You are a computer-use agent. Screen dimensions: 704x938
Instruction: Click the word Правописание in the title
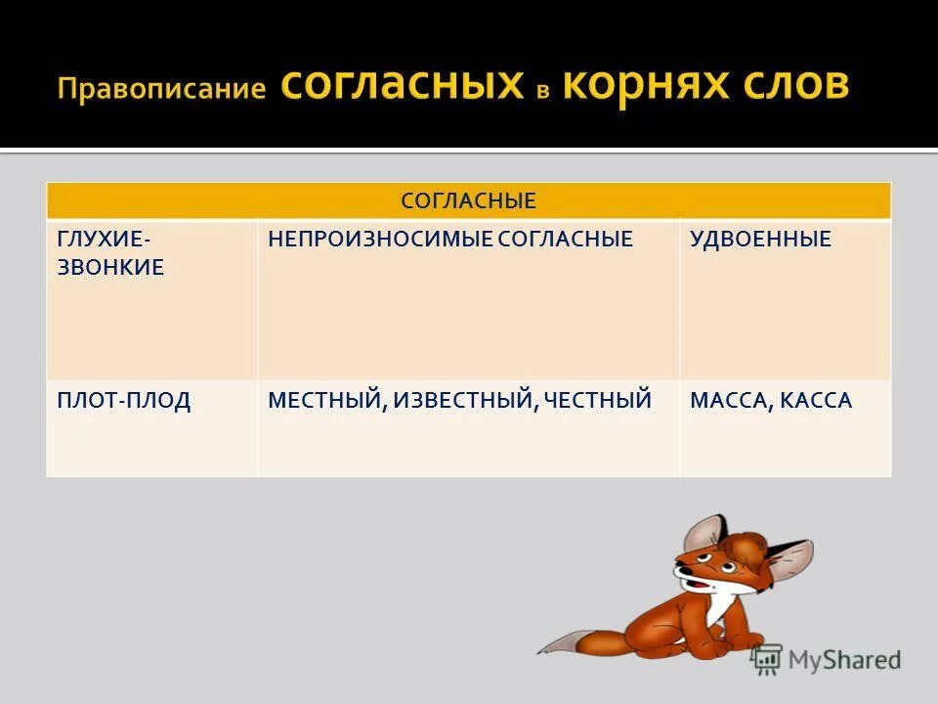tap(161, 89)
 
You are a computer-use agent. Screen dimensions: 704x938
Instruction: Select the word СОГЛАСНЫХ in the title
tap(402, 85)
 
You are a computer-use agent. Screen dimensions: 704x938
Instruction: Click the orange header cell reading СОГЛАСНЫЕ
tap(469, 201)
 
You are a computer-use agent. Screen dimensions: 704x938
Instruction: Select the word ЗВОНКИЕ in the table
tap(110, 268)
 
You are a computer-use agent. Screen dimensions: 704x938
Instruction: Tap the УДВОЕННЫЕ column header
tap(760, 240)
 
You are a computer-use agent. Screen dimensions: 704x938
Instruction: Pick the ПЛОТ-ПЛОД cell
tap(124, 400)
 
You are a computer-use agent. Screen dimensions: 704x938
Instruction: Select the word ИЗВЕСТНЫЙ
tap(463, 400)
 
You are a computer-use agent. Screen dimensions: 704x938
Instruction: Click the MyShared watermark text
tap(843, 660)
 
